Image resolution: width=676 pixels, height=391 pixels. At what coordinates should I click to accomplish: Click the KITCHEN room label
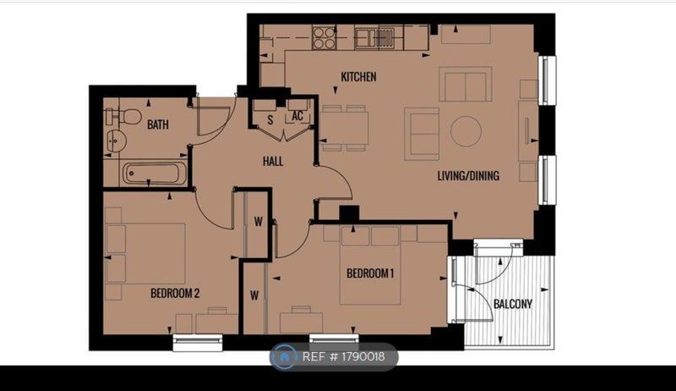pyautogui.click(x=358, y=77)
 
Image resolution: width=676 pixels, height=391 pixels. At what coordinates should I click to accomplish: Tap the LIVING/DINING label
pyautogui.click(x=468, y=176)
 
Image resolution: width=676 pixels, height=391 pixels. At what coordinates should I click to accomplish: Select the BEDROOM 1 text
pyautogui.click(x=370, y=273)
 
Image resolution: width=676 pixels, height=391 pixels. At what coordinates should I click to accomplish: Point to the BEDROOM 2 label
pyautogui.click(x=175, y=294)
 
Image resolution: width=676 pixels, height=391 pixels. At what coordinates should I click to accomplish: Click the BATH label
pyautogui.click(x=158, y=124)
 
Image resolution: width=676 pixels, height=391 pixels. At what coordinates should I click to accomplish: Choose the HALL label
pyautogui.click(x=273, y=162)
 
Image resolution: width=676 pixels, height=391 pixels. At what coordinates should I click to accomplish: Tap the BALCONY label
pyautogui.click(x=513, y=305)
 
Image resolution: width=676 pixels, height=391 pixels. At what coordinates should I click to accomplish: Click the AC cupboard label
pyautogui.click(x=297, y=116)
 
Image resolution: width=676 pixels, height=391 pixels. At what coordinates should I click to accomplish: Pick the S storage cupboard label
pyautogui.click(x=270, y=120)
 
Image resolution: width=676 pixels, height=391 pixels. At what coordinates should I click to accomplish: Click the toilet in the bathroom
pyautogui.click(x=123, y=117)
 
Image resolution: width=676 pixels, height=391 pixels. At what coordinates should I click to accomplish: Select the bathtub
pyautogui.click(x=155, y=173)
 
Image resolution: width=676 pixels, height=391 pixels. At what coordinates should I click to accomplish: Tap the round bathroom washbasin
pyautogui.click(x=116, y=140)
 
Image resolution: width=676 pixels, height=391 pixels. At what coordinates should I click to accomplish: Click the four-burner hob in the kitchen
pyautogui.click(x=324, y=37)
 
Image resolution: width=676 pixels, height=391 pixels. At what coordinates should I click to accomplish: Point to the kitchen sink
pyautogui.click(x=374, y=37)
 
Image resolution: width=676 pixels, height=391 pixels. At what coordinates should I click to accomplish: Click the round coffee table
pyautogui.click(x=466, y=131)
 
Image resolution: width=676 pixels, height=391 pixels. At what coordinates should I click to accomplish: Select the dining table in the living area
pyautogui.click(x=345, y=129)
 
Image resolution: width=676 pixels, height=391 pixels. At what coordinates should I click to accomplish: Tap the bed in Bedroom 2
pyautogui.click(x=145, y=253)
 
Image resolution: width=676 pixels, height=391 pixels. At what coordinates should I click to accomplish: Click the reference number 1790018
pyautogui.click(x=363, y=357)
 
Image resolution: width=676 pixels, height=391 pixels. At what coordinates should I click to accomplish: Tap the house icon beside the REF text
pyautogui.click(x=284, y=357)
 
